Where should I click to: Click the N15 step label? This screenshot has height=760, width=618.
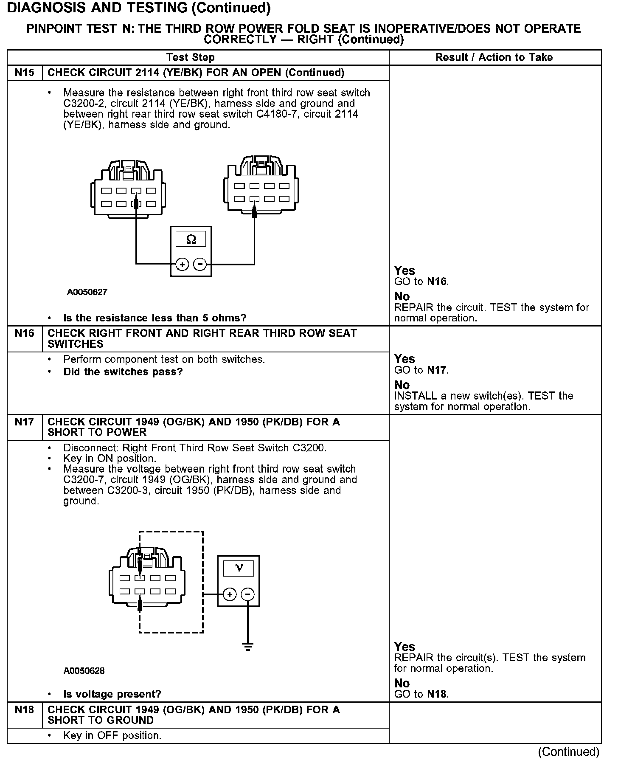(x=24, y=73)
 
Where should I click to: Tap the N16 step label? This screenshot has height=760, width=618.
(x=24, y=333)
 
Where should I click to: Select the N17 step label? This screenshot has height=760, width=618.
(x=24, y=422)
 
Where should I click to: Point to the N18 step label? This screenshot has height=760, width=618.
(x=24, y=709)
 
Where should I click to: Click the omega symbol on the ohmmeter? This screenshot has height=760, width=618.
(x=191, y=240)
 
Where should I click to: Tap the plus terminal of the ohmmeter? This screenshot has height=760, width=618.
(x=182, y=265)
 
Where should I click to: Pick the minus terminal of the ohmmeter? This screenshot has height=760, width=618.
(x=199, y=265)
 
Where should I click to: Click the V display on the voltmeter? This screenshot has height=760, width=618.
(x=239, y=568)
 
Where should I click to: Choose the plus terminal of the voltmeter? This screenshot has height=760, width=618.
(x=230, y=594)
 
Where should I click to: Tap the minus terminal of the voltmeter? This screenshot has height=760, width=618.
(x=248, y=594)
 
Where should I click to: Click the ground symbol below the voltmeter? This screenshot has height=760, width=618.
(x=248, y=647)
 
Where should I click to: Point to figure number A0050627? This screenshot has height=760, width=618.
(x=87, y=292)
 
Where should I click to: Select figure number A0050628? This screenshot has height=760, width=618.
(x=84, y=671)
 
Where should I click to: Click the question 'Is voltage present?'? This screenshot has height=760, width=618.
(x=112, y=694)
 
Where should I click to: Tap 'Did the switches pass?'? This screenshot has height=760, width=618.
(x=123, y=372)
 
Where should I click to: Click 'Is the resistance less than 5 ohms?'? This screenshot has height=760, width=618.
(x=154, y=318)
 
